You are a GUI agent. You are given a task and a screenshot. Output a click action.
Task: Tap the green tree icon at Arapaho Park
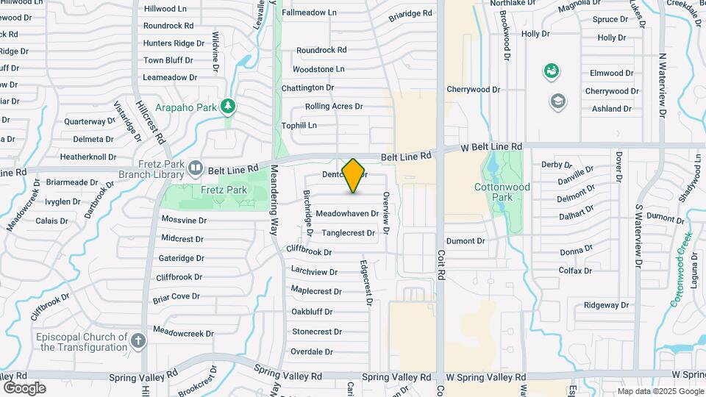pos(229,107)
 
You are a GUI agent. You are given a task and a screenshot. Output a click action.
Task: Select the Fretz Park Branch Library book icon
pos(195,168)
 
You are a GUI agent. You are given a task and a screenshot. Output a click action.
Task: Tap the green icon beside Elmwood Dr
pos(550,71)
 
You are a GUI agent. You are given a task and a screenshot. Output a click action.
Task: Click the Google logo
pos(24,388)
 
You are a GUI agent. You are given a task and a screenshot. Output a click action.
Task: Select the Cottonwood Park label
pos(502,192)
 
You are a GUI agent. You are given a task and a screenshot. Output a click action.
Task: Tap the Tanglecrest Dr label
pos(349,232)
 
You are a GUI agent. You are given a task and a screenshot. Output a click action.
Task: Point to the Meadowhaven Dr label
pos(346,214)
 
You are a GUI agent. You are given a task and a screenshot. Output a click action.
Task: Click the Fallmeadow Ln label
pos(309,12)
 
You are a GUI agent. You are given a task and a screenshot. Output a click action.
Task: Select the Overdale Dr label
pos(312,351)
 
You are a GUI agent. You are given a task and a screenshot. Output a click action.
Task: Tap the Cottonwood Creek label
pos(681,269)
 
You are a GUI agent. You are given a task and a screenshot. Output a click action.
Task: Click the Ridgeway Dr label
pos(607,305)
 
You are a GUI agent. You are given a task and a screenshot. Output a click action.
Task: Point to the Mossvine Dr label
pos(184,220)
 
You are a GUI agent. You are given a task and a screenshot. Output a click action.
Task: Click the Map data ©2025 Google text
pos(660,391)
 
